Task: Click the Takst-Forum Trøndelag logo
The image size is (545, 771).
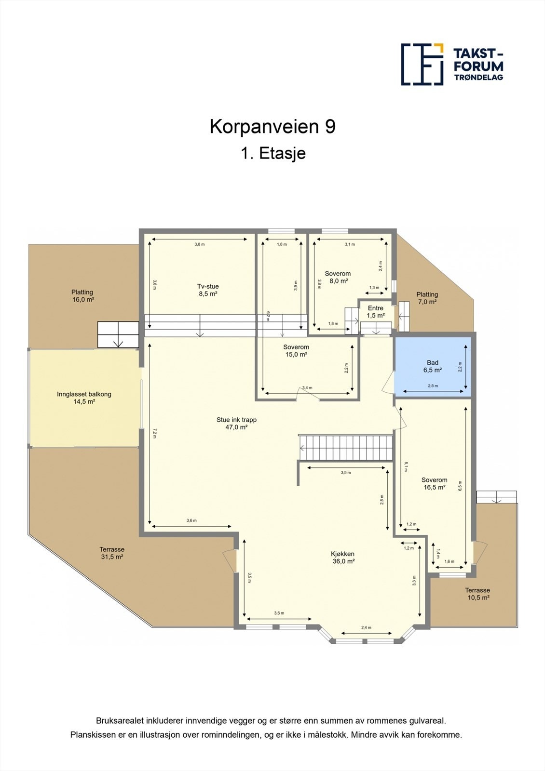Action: (452, 64)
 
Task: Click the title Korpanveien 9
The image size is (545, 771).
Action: (272, 127)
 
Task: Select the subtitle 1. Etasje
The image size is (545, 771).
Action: (273, 154)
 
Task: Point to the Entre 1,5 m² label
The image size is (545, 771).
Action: (376, 312)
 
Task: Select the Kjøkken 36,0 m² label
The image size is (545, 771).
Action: (343, 558)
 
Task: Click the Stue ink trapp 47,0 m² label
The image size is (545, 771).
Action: (236, 423)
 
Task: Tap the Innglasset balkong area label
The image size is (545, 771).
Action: (84, 398)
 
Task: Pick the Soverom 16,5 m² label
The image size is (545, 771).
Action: (434, 483)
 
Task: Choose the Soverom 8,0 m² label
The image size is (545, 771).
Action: (338, 277)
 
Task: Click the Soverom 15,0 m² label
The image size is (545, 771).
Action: (296, 350)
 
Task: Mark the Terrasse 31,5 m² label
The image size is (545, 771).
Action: (112, 553)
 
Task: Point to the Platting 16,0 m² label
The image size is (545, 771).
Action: (82, 295)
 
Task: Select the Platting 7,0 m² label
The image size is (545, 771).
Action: (427, 298)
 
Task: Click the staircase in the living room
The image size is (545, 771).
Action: (346, 448)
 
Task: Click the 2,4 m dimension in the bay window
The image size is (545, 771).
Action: (367, 627)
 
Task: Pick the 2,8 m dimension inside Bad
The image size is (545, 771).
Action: (433, 386)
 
